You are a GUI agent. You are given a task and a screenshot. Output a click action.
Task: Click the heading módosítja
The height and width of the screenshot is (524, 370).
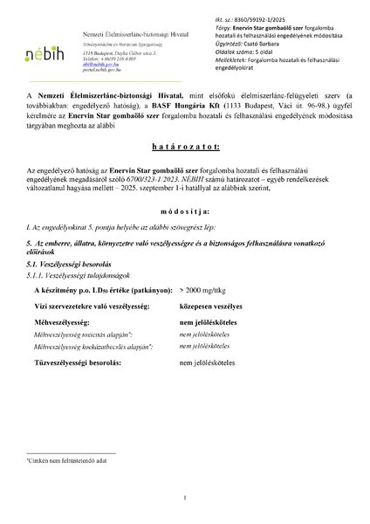click(x=184, y=236)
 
